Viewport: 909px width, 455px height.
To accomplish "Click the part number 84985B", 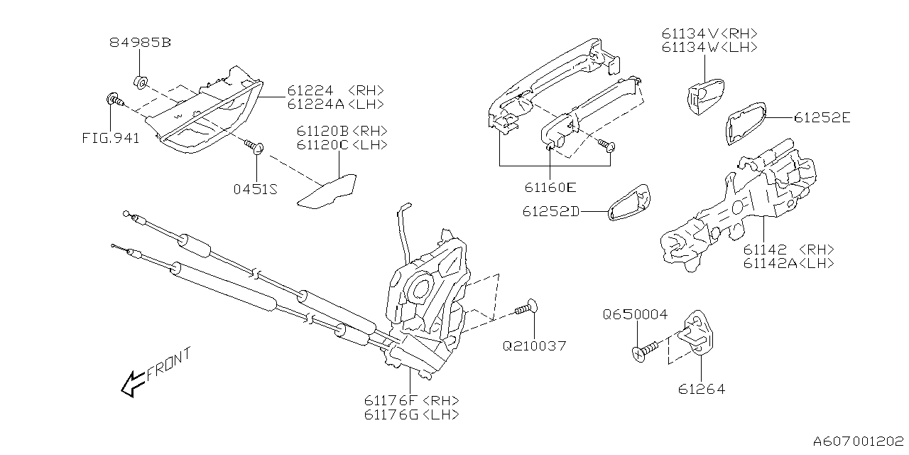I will pyautogui.click(x=141, y=43).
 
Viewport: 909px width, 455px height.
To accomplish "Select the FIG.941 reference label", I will pyautogui.click(x=111, y=137).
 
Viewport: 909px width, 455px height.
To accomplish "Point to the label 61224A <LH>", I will pyautogui.click(x=335, y=104).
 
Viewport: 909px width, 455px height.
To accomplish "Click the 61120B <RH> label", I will pyautogui.click(x=342, y=132).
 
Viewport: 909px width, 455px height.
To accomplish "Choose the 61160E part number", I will pyautogui.click(x=550, y=188).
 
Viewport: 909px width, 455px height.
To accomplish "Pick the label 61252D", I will pyautogui.click(x=551, y=212).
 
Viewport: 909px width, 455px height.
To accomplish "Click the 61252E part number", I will pyautogui.click(x=822, y=118).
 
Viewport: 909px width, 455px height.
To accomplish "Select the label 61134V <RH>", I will pyautogui.click(x=709, y=33).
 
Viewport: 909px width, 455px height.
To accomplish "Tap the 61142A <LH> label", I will pyautogui.click(x=788, y=263).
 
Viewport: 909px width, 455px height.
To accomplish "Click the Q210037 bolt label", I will pyautogui.click(x=534, y=346).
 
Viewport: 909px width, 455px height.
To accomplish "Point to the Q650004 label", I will pyautogui.click(x=636, y=314).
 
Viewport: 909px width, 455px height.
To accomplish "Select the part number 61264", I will pyautogui.click(x=701, y=389).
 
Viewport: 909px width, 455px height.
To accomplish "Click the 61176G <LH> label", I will pyautogui.click(x=411, y=414).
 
